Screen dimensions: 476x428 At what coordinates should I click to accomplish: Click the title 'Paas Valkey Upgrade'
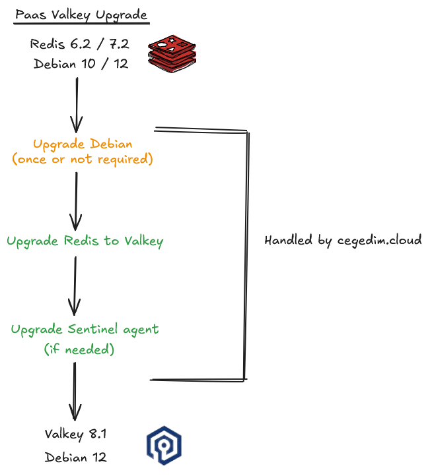pos(81,15)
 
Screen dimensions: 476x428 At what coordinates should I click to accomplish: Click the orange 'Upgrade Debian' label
pos(83,144)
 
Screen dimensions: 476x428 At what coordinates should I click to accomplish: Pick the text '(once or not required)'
pos(83,159)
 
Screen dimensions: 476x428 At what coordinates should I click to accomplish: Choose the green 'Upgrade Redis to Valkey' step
pos(85,241)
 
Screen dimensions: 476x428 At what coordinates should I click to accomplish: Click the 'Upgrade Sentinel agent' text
pos(85,328)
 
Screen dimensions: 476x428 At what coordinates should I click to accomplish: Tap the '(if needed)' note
pos(79,349)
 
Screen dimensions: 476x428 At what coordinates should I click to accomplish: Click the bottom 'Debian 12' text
pos(75,456)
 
